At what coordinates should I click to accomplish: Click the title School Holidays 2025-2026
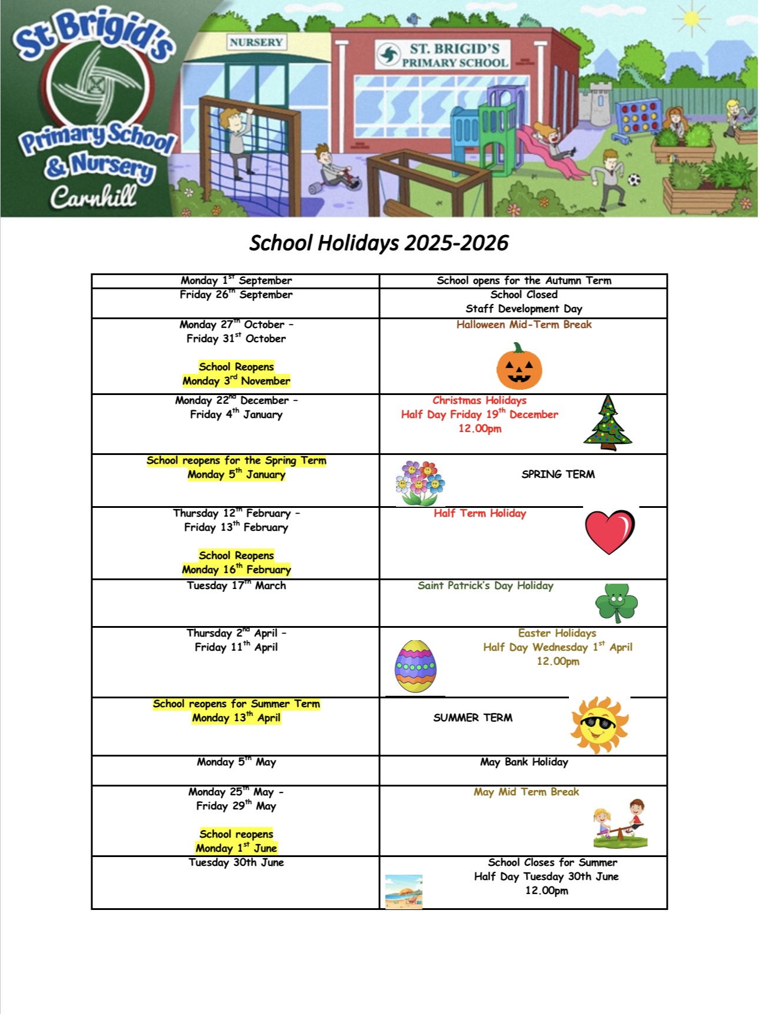[x=378, y=243]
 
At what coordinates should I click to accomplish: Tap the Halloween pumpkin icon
[x=519, y=367]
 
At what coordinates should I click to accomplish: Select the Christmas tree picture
[x=608, y=423]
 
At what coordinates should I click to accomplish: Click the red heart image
[x=610, y=531]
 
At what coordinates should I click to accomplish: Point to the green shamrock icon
[x=616, y=603]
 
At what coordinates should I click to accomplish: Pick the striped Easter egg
[x=416, y=666]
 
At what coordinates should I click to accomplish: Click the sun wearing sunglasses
[x=599, y=725]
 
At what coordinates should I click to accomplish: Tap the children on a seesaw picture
[x=620, y=824]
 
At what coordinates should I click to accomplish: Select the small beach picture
[x=404, y=891]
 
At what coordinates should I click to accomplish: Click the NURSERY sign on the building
[x=256, y=42]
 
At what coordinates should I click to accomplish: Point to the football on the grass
[x=634, y=179]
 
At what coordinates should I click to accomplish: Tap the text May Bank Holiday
[x=524, y=762]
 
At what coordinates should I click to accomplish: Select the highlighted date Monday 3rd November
[x=236, y=381]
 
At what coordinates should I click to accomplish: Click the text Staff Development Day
[x=524, y=309]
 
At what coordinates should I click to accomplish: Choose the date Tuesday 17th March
[x=236, y=585]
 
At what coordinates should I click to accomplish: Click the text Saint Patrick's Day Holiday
[x=485, y=585]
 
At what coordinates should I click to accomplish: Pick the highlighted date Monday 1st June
[x=236, y=848]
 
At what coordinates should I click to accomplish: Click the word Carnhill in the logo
[x=93, y=196]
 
